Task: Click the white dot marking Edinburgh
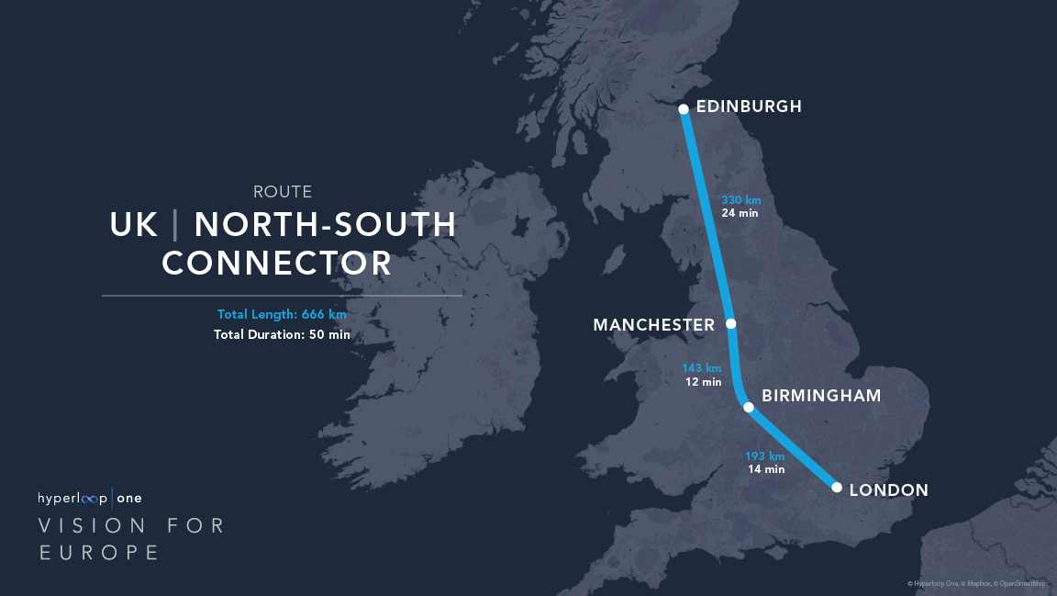(684, 109)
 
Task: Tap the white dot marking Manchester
(731, 324)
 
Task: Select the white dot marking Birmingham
(749, 407)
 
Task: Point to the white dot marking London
(837, 488)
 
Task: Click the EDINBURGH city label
(749, 107)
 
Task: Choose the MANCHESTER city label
(653, 325)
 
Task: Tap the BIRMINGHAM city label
(821, 396)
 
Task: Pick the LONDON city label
(888, 490)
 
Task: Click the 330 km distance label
(741, 199)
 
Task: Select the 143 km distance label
(702, 368)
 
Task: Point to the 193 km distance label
(764, 456)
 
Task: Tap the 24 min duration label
(740, 213)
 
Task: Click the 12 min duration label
(704, 382)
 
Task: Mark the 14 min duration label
(766, 469)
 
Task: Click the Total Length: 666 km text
(282, 314)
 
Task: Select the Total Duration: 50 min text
(282, 334)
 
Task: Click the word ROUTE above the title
(283, 192)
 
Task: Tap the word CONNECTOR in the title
(277, 264)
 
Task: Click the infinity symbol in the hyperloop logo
(94, 498)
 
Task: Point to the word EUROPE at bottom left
(99, 552)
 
